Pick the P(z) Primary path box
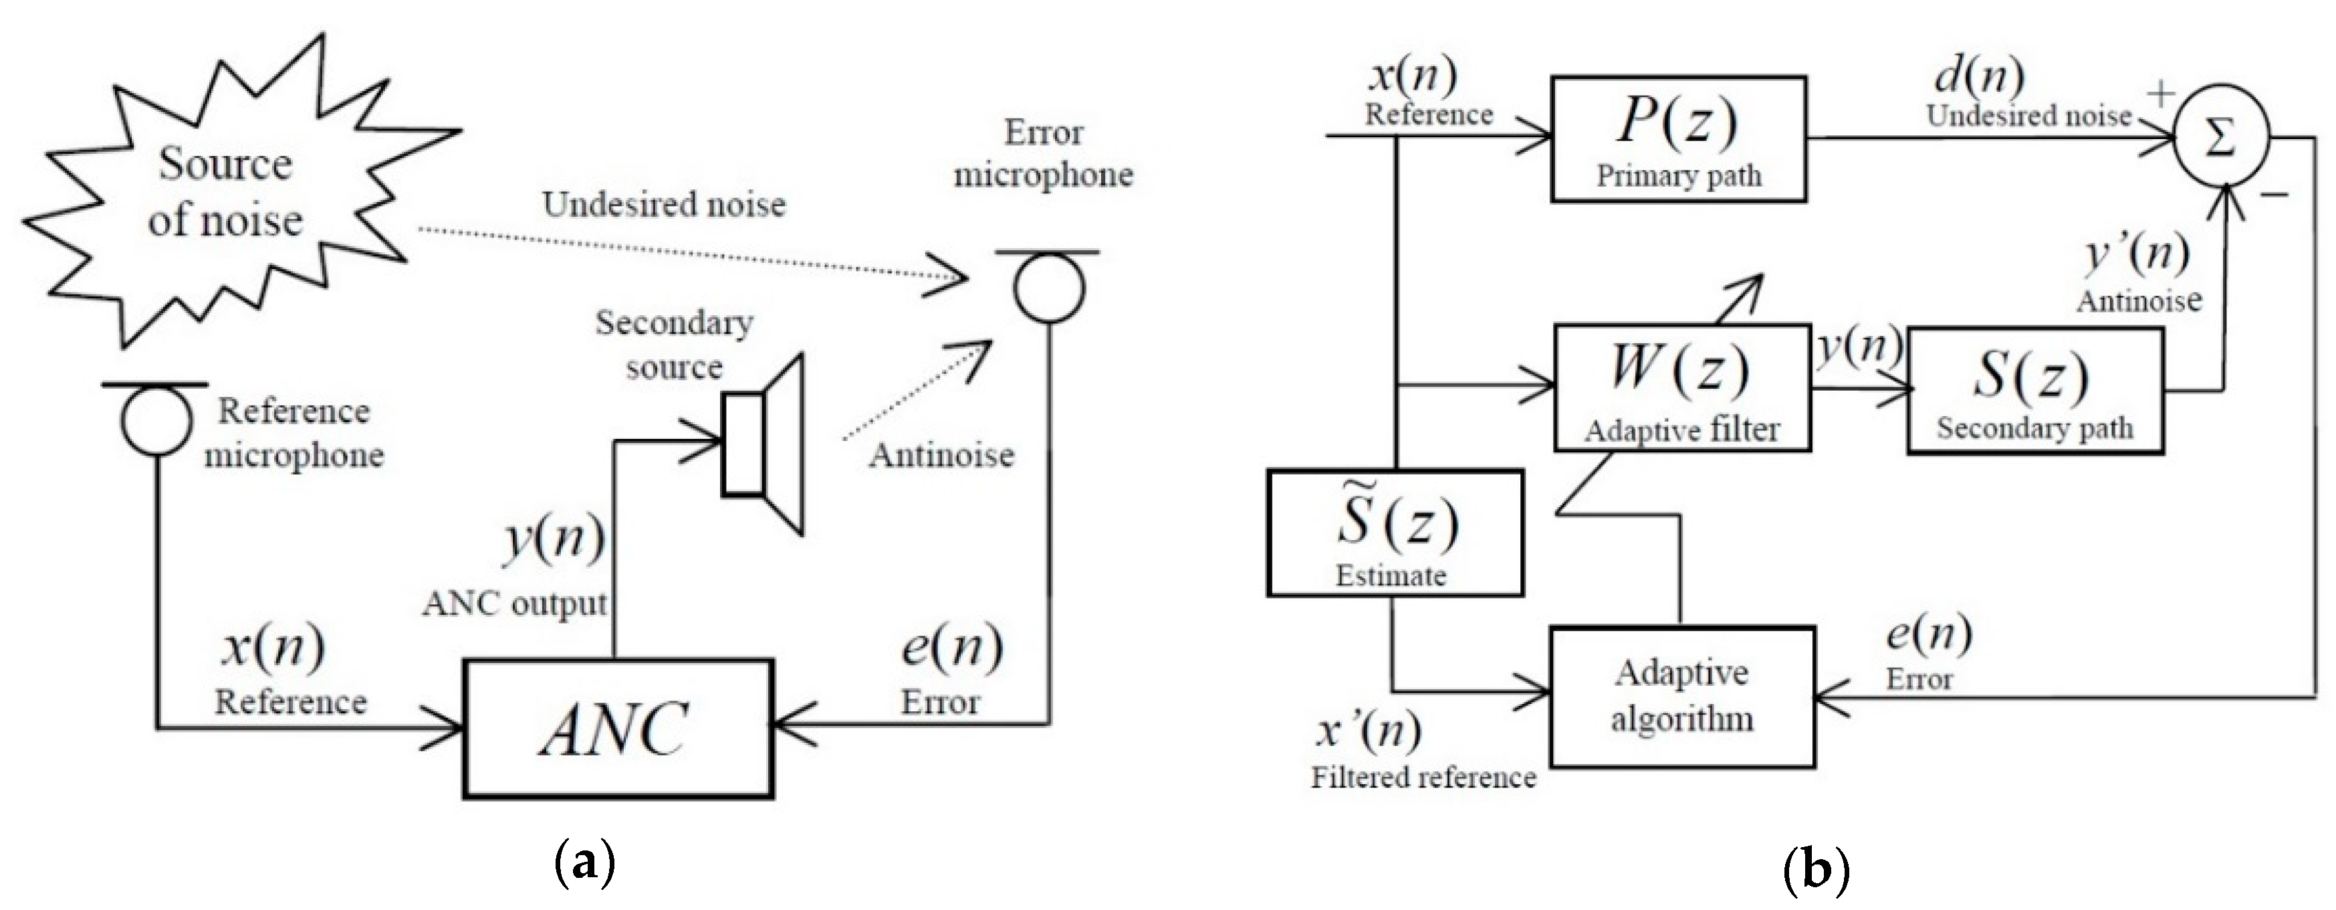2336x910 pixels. coord(1677,139)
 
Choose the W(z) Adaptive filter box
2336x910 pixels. coord(1682,388)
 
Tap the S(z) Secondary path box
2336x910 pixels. coord(2035,391)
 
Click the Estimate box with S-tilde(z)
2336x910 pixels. coord(1394,533)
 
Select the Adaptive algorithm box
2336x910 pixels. coord(1682,697)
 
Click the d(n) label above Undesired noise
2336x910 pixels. coord(1979,74)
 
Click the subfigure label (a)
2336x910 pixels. coord(584,861)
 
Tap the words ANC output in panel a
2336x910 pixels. coord(514,604)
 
